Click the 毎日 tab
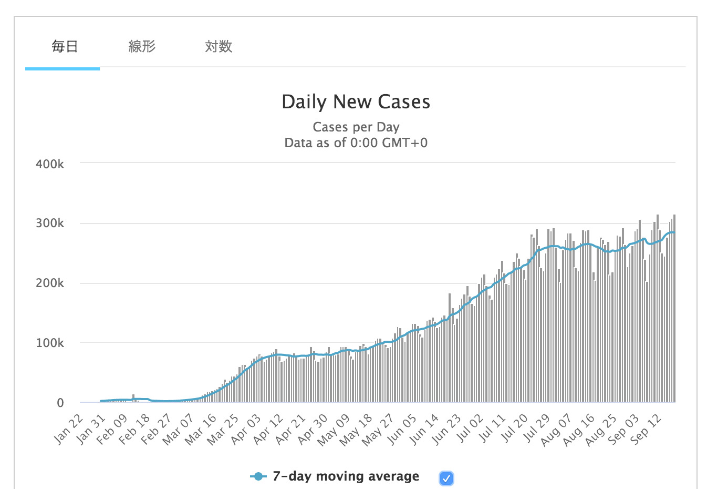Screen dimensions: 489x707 click(65, 47)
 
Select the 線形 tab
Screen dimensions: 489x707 click(142, 47)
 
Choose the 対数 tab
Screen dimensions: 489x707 click(219, 47)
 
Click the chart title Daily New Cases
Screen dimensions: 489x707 click(356, 102)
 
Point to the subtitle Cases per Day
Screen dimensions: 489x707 click(356, 127)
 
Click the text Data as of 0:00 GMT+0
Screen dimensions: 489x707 click(356, 143)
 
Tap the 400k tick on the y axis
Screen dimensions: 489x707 click(50, 164)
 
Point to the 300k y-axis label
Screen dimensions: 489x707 click(50, 223)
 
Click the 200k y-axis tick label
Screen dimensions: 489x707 click(50, 283)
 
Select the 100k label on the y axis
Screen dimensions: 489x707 click(50, 343)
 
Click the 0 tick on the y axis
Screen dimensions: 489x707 click(60, 403)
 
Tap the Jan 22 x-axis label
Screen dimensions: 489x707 click(69, 429)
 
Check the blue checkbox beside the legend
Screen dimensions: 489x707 click(446, 478)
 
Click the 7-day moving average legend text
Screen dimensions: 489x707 click(346, 476)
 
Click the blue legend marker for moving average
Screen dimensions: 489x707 click(257, 476)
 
